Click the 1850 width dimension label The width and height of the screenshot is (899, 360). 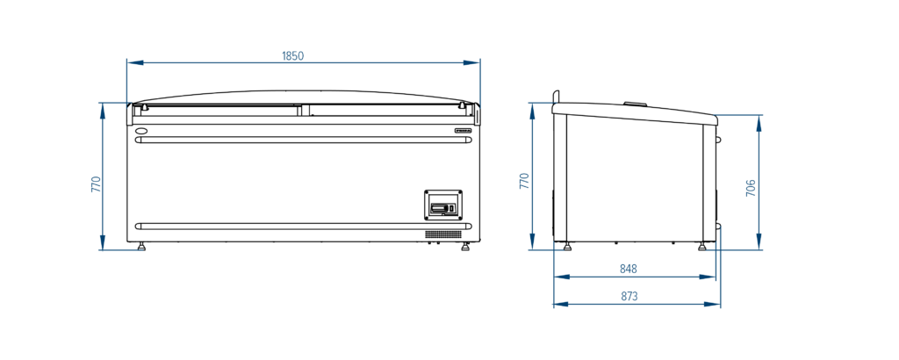click(x=292, y=55)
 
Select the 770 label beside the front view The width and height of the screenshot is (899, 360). click(x=97, y=184)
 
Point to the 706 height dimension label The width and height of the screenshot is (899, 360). click(x=751, y=188)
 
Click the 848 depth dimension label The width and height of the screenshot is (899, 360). click(x=629, y=269)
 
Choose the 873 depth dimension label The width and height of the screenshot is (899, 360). click(x=629, y=296)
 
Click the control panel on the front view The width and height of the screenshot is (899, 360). click(x=442, y=205)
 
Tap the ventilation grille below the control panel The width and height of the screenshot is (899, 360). click(x=443, y=234)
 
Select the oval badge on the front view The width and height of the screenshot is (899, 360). click(x=142, y=131)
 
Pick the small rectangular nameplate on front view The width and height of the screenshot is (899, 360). click(x=464, y=131)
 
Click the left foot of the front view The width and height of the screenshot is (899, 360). click(x=141, y=247)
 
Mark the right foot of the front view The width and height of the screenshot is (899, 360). click(x=465, y=247)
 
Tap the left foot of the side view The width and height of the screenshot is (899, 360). click(x=567, y=247)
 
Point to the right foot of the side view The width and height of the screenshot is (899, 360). click(x=701, y=247)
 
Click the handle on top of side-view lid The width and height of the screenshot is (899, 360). click(x=635, y=104)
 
